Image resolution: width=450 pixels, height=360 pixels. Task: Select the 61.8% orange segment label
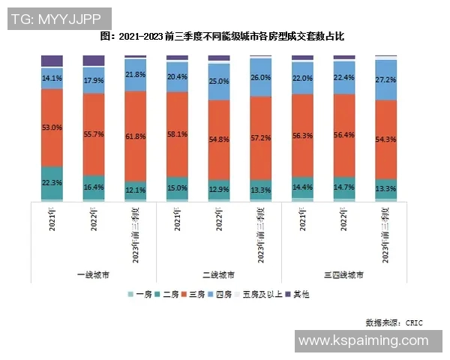[x=135, y=137]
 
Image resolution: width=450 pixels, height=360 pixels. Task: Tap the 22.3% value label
[x=52, y=182]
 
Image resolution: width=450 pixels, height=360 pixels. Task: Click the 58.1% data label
[x=177, y=133]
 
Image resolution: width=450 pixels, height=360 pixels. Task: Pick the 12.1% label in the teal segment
[x=135, y=190]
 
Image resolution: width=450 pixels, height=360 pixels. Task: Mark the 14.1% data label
[x=52, y=78]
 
